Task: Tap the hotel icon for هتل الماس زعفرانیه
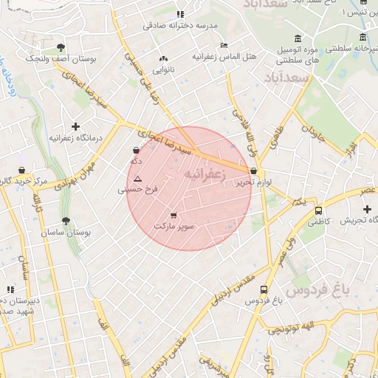224,46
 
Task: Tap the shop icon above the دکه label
137,150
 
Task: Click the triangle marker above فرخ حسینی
137,179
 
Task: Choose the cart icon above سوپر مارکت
173,216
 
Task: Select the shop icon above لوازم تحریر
254,171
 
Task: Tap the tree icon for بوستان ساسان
66,221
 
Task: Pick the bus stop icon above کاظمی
318,210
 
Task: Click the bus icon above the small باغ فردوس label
264,290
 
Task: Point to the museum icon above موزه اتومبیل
297,38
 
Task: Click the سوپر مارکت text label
173,226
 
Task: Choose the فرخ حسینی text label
137,189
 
